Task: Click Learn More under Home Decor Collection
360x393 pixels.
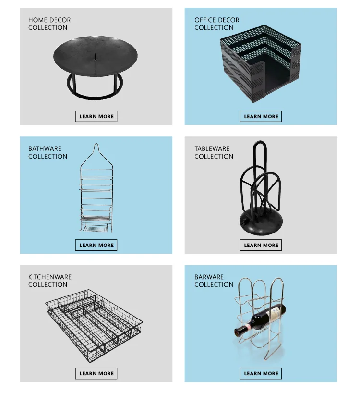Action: point(96,116)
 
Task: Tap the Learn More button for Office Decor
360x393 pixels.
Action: point(261,116)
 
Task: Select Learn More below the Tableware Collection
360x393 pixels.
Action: point(261,245)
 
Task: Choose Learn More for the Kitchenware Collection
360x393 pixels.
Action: point(96,373)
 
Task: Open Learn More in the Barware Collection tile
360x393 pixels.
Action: point(261,373)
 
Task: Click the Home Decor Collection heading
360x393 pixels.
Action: point(49,24)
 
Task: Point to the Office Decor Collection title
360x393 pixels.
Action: point(216,24)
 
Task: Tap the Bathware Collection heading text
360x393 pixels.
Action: point(48,152)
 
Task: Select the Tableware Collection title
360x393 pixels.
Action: point(214,152)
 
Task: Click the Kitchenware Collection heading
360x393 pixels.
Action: point(49,281)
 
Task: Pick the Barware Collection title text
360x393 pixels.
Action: point(214,281)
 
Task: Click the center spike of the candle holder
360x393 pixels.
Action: point(95,57)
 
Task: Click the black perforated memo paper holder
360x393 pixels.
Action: point(260,64)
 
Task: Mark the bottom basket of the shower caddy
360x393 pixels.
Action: point(96,227)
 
